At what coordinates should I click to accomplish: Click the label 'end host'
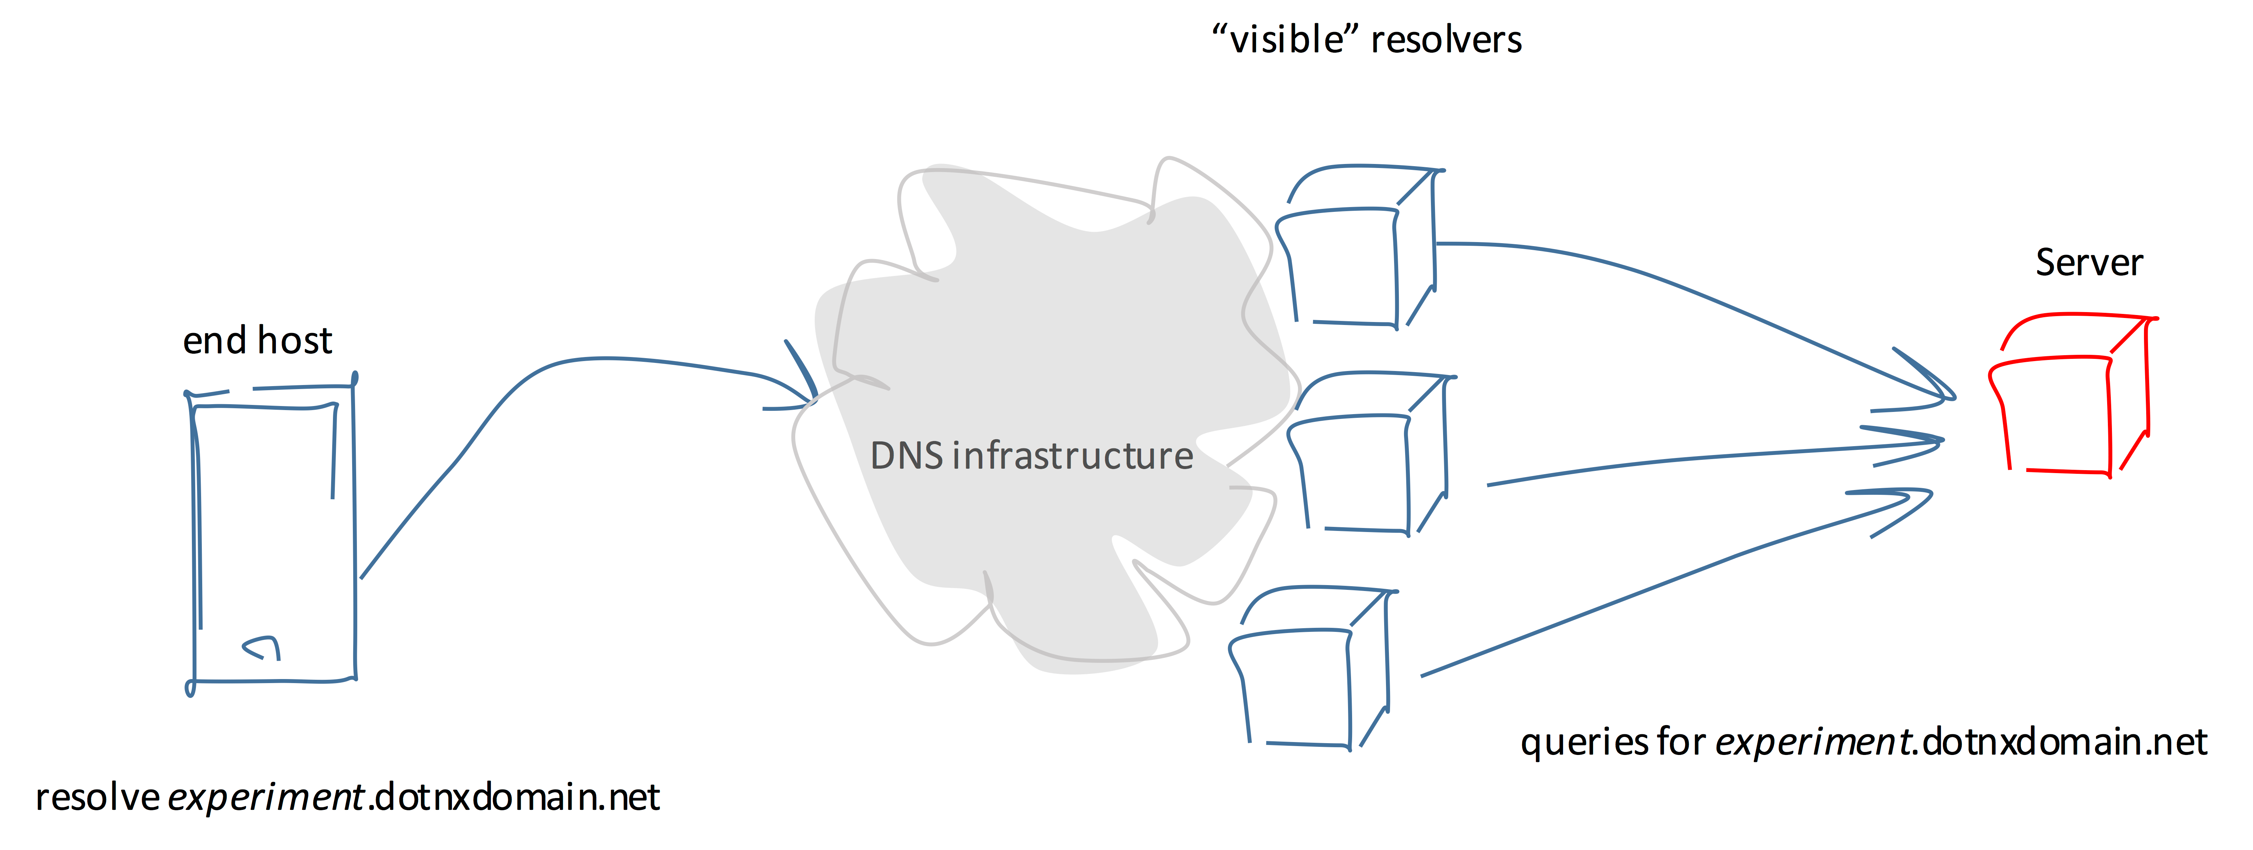257,340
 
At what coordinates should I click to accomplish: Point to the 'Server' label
2089,262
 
